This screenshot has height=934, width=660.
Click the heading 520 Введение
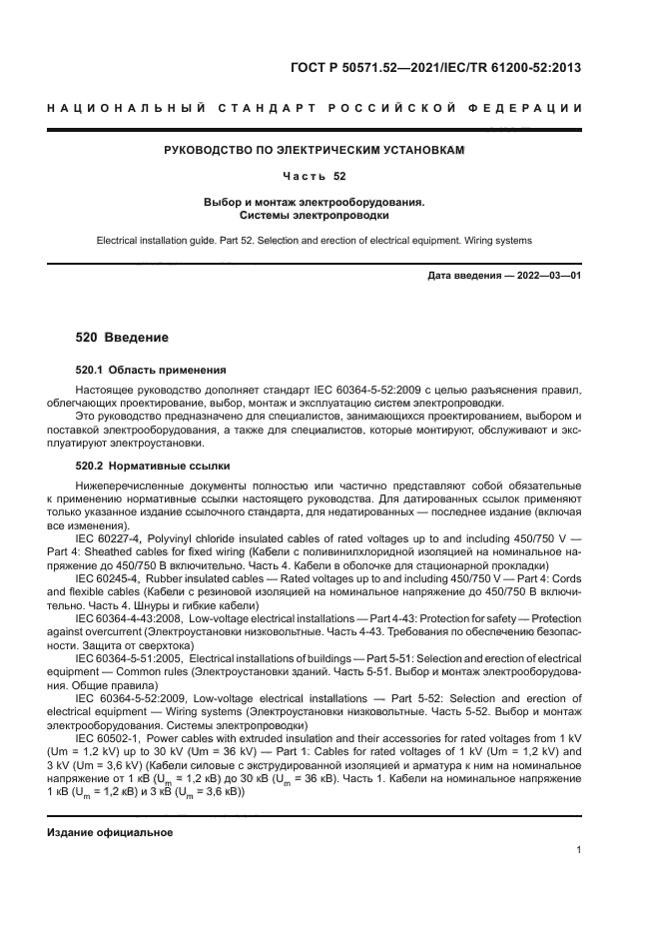[x=123, y=338]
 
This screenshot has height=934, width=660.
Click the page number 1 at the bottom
[x=578, y=850]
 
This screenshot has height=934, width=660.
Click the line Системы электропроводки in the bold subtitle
[x=315, y=215]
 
